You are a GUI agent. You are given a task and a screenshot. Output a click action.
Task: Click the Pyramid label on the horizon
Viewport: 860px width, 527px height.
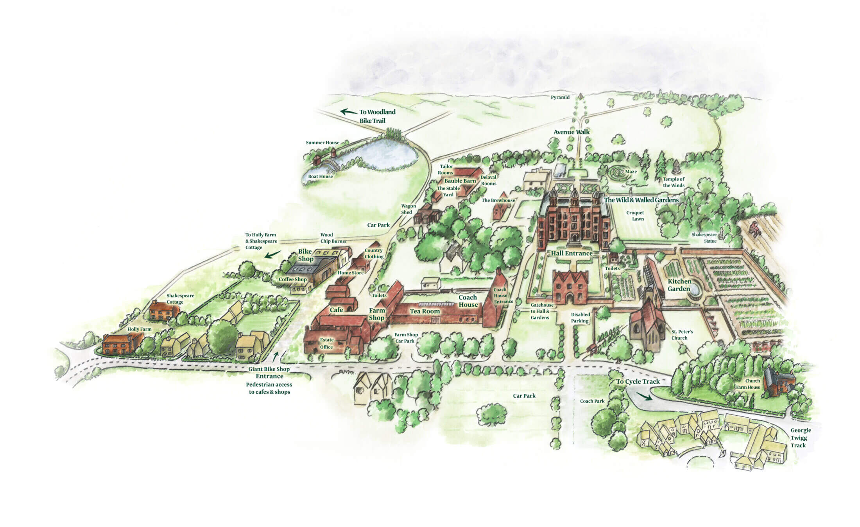(x=560, y=97)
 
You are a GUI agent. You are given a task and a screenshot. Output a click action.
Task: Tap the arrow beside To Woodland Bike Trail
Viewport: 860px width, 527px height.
(x=348, y=112)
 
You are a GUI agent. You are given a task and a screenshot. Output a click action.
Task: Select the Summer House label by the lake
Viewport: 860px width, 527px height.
(x=322, y=143)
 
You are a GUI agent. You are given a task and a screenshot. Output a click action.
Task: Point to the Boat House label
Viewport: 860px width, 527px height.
(x=320, y=177)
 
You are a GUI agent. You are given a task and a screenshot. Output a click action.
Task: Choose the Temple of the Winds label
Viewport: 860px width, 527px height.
(x=674, y=182)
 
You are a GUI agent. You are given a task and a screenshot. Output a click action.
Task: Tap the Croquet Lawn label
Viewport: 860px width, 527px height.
(x=635, y=216)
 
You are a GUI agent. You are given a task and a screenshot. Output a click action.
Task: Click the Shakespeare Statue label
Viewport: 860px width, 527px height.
(x=705, y=238)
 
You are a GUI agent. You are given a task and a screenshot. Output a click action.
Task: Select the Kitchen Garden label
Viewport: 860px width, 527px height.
(x=679, y=285)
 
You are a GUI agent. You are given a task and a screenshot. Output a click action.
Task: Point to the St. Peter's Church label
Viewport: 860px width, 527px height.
(x=682, y=335)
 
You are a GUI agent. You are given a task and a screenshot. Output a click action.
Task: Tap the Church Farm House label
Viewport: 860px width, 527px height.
(x=748, y=384)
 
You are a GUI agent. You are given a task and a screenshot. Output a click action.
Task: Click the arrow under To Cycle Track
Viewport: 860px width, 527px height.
(x=645, y=397)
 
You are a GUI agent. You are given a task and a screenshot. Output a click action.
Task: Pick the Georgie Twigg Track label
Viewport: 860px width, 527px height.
(x=801, y=438)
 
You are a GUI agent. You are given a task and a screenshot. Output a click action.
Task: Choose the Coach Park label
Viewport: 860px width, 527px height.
(x=592, y=401)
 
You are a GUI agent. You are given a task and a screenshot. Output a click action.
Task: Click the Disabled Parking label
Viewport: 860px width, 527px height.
(x=580, y=318)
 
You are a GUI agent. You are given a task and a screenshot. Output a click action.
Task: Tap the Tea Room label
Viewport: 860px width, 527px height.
(x=425, y=311)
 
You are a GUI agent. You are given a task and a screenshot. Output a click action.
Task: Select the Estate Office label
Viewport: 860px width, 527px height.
(x=327, y=343)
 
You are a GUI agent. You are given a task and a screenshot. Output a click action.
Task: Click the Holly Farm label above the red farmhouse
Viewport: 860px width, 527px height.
(x=139, y=329)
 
